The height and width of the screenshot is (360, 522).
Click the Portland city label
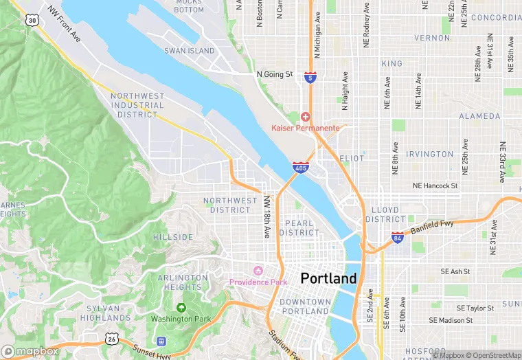(328, 278)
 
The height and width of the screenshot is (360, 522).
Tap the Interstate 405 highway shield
(300, 166)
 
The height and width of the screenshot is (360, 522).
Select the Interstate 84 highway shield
(398, 237)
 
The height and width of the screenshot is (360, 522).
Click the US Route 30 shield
(32, 21)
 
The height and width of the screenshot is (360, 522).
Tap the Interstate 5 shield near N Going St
(310, 77)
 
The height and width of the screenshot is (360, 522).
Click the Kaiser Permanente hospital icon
(305, 117)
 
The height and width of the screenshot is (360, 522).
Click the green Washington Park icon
(181, 308)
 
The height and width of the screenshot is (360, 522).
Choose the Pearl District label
(299, 228)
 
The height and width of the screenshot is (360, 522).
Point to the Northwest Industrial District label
(137, 105)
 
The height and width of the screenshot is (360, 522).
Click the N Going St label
(274, 74)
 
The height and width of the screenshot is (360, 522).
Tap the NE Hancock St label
(435, 185)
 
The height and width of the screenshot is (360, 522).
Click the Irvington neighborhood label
(430, 154)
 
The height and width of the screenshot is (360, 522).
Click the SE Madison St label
(451, 320)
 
